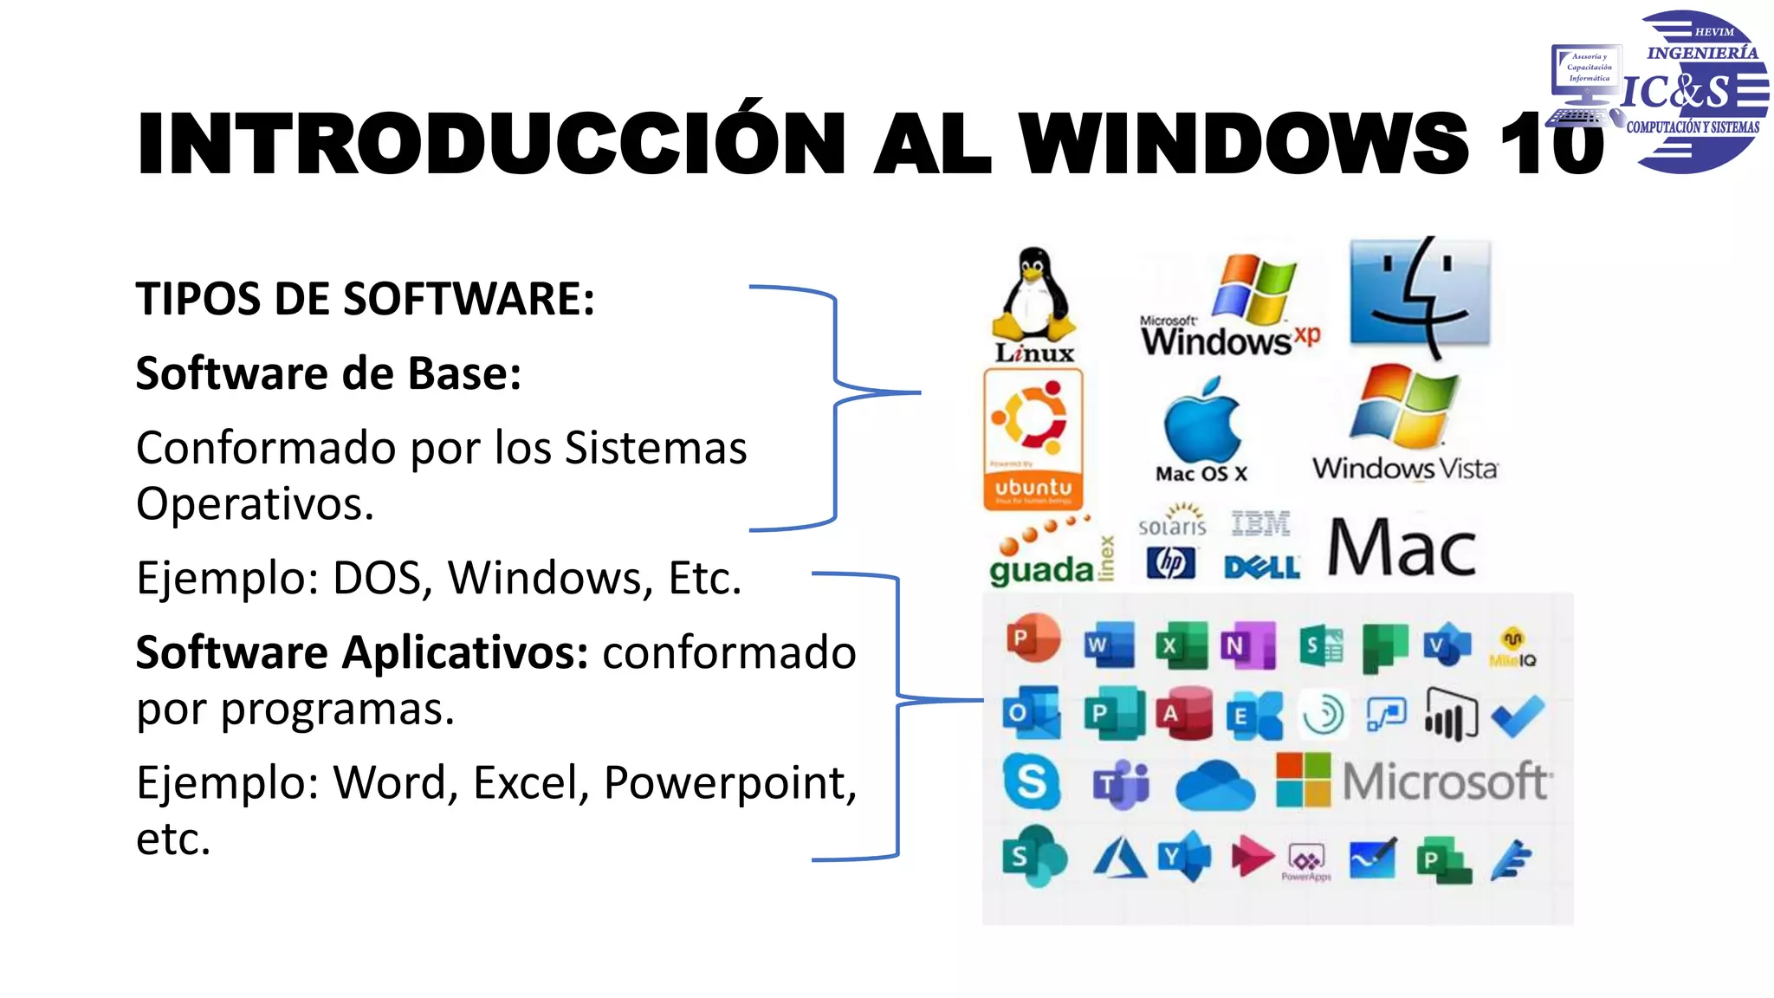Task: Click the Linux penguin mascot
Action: pyautogui.click(x=1033, y=295)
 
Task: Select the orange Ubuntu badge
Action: pyautogui.click(x=1033, y=438)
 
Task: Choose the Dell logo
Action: pyautogui.click(x=1261, y=567)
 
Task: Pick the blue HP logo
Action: pyautogui.click(x=1170, y=564)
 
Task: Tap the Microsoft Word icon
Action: pyautogui.click(x=1109, y=645)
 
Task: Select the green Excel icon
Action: pyautogui.click(x=1181, y=645)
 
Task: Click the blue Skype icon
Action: pyautogui.click(x=1032, y=781)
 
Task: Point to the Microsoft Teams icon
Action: pyautogui.click(x=1121, y=785)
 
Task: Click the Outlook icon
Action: pyautogui.click(x=1031, y=713)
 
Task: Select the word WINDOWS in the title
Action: pyautogui.click(x=1242, y=144)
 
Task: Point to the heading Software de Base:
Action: pyautogui.click(x=328, y=373)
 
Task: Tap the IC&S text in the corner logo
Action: pyautogui.click(x=1675, y=92)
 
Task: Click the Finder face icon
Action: pyautogui.click(x=1420, y=295)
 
